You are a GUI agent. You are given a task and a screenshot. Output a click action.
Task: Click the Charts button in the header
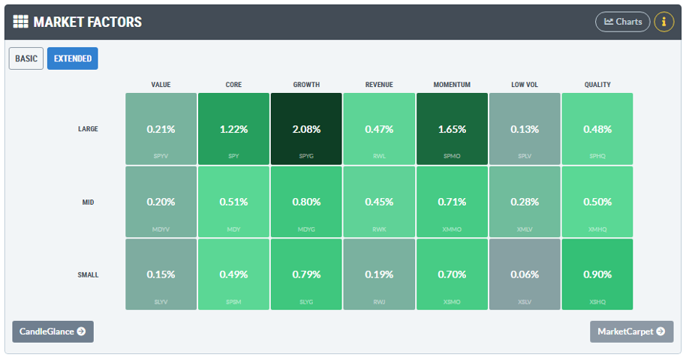click(622, 22)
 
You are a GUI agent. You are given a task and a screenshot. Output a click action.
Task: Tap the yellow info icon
click(663, 22)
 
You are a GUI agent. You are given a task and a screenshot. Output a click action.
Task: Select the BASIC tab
click(26, 58)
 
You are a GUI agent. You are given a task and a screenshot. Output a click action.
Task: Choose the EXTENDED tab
click(72, 58)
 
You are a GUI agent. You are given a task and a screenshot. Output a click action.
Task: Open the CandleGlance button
click(53, 331)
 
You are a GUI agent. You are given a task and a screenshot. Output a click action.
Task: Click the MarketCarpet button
click(631, 331)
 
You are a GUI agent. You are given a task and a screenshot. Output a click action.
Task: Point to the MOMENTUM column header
click(452, 85)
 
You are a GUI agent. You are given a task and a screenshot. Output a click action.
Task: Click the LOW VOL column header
click(525, 85)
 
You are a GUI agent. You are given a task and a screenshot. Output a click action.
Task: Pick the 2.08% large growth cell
click(306, 129)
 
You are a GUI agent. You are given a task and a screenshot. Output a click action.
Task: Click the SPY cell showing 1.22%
click(233, 129)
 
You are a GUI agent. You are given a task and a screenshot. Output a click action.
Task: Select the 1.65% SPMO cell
click(452, 129)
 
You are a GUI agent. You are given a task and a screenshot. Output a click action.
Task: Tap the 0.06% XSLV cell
click(525, 274)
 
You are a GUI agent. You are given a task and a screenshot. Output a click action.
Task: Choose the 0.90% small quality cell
click(597, 274)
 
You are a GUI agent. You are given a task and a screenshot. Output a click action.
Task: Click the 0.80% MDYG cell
click(306, 202)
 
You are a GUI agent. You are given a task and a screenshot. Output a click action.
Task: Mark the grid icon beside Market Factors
click(21, 22)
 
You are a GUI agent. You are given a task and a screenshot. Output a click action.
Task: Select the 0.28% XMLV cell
click(525, 202)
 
